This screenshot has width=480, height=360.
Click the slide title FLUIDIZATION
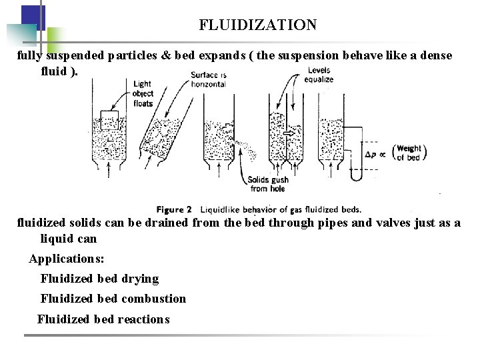coord(257,25)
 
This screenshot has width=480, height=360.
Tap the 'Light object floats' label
coord(143,93)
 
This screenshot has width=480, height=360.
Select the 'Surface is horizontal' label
coord(208,79)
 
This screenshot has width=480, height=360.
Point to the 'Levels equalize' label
coord(319,75)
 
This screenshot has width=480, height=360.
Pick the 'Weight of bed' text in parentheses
coord(409,153)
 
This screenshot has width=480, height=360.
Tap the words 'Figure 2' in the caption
coord(174,209)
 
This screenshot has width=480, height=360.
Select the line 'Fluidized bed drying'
coord(99,279)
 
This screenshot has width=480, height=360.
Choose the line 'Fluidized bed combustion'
coord(113,299)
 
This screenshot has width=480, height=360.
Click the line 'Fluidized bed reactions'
coord(103,319)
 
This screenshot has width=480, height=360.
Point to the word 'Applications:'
coord(67,258)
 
